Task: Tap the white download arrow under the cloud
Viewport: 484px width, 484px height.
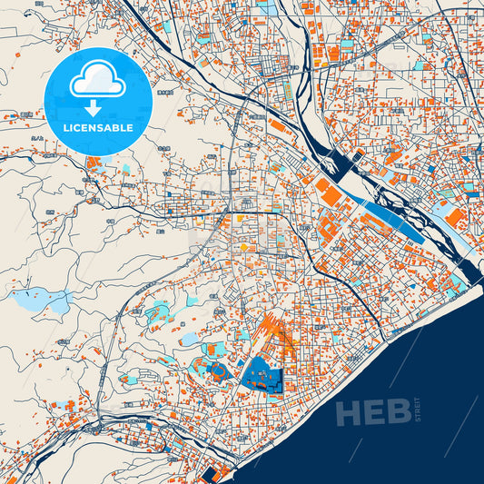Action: tap(97, 110)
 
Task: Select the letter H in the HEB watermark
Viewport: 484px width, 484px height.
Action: tap(350, 412)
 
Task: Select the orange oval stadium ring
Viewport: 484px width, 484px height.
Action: tap(219, 370)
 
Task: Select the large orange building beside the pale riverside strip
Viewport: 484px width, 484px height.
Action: tap(455, 218)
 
